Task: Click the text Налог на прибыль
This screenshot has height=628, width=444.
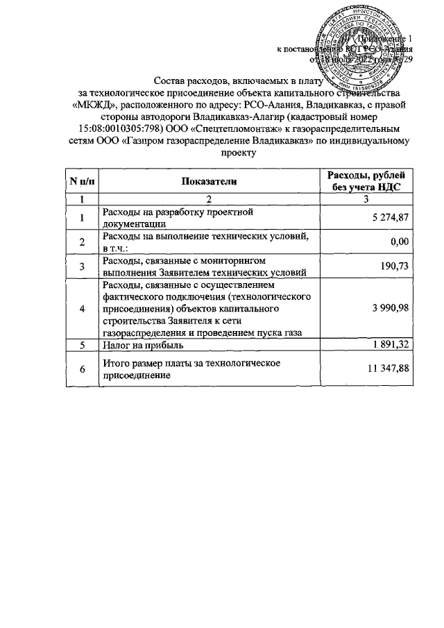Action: pos(142,345)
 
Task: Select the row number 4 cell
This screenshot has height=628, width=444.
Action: pos(82,308)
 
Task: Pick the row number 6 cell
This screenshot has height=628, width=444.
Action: pos(82,369)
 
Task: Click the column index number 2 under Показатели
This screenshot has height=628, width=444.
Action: pos(209,200)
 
